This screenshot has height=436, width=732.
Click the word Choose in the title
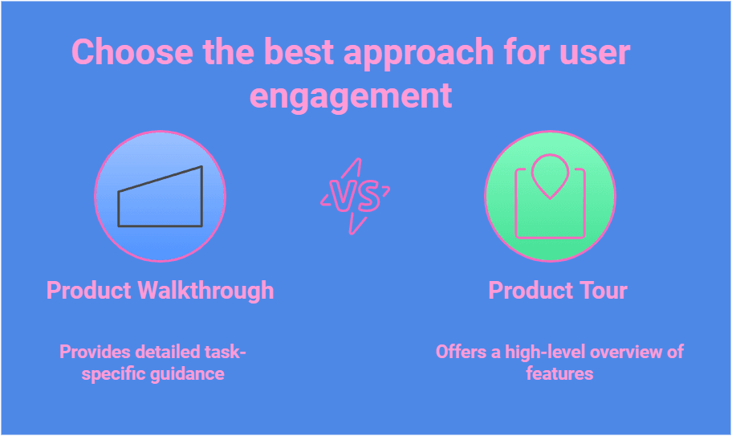(x=132, y=53)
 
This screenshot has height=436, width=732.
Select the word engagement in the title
(x=351, y=96)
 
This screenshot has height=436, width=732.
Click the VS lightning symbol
(x=354, y=197)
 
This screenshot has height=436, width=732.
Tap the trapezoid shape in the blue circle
(x=161, y=198)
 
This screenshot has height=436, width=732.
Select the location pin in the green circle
(x=550, y=175)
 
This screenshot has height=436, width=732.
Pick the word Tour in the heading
(x=600, y=290)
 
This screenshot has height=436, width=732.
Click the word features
(x=559, y=373)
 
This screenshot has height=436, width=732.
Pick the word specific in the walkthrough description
(x=115, y=373)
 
